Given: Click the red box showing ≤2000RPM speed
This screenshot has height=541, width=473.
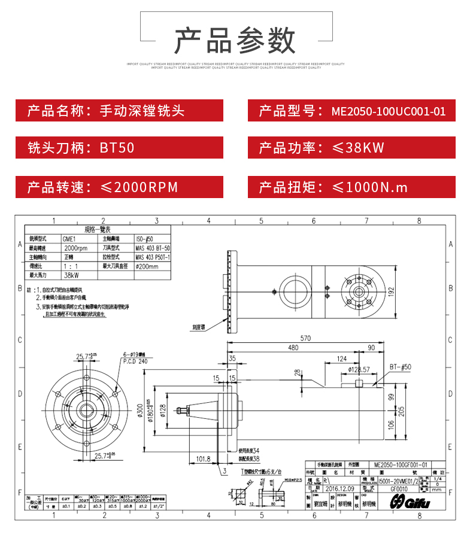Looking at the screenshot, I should tap(119, 187).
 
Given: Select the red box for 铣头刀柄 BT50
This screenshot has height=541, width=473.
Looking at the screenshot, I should tap(119, 148).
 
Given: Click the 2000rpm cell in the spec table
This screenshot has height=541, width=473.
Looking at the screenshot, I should tap(75, 248).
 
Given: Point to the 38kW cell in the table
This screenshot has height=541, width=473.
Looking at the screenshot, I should tap(71, 275).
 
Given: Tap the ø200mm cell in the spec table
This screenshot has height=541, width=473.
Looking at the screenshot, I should tap(147, 266).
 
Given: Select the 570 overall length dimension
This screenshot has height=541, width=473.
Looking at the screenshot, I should tap(306, 339).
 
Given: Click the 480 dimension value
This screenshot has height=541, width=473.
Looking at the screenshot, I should tap(293, 348).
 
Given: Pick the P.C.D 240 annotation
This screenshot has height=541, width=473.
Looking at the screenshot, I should tap(135, 361).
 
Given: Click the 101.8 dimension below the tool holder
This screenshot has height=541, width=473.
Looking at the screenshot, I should tap(204, 459).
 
